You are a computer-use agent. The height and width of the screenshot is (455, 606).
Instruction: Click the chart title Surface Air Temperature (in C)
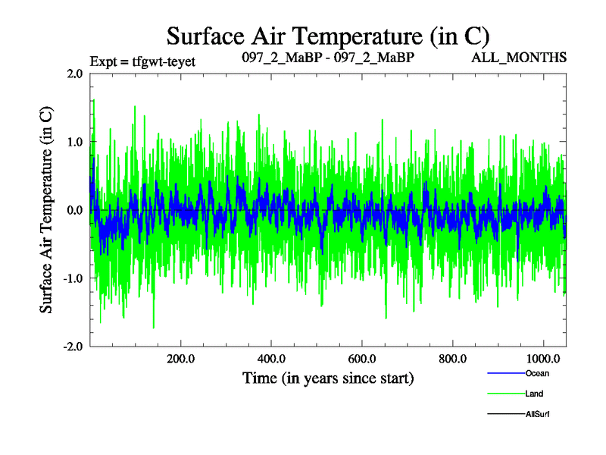(328, 36)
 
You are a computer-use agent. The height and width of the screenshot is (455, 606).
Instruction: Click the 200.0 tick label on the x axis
(180, 359)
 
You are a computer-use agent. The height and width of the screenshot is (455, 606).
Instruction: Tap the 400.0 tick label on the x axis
(271, 359)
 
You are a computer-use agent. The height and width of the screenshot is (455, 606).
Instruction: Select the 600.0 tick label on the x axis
(362, 359)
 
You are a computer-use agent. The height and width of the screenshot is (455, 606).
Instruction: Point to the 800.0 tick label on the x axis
(452, 359)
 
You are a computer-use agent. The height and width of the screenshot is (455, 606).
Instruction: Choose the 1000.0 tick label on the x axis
(543, 359)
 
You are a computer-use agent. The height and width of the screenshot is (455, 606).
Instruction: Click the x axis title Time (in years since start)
(328, 378)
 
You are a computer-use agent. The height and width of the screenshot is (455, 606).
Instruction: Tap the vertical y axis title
(46, 210)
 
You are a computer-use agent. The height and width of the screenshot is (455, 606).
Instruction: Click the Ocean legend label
(537, 373)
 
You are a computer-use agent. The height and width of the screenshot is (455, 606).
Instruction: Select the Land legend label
(534, 394)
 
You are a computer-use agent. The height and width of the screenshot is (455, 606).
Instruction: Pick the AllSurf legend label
(537, 414)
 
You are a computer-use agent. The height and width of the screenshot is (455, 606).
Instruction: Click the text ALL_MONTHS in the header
(529, 58)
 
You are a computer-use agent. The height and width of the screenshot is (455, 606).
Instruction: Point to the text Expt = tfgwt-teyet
(142, 61)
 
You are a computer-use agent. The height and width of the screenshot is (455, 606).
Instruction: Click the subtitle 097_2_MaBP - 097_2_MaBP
(327, 58)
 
